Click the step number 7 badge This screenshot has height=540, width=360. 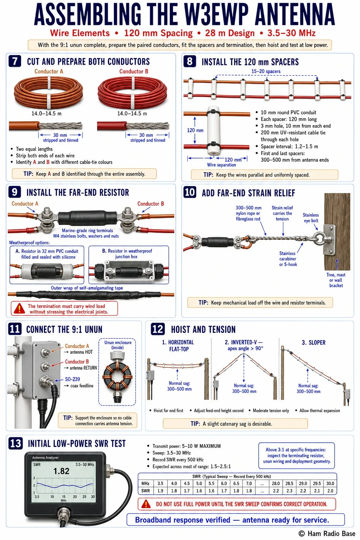tap(15, 61)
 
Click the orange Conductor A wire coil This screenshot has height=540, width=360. tap(49, 92)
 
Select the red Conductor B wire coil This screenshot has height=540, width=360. tap(133, 93)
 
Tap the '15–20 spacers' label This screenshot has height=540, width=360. tap(266, 71)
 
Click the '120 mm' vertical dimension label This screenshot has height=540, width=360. tap(195, 130)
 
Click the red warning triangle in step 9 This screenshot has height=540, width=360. tap(19, 308)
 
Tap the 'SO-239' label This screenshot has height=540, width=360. tap(72, 379)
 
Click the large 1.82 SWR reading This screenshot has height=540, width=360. tap(61, 471)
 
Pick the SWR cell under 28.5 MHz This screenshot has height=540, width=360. tap(289, 491)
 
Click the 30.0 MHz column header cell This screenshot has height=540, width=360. tap(330, 483)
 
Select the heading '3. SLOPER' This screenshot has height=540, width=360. tap(314, 342)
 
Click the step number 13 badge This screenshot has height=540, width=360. tap(15, 443)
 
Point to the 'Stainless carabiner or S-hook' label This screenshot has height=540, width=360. tap(288, 259)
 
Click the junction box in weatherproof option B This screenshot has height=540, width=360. tap(129, 271)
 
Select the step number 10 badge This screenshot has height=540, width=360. tap(189, 192)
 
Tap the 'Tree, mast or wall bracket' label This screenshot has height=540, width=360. tap(336, 280)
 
